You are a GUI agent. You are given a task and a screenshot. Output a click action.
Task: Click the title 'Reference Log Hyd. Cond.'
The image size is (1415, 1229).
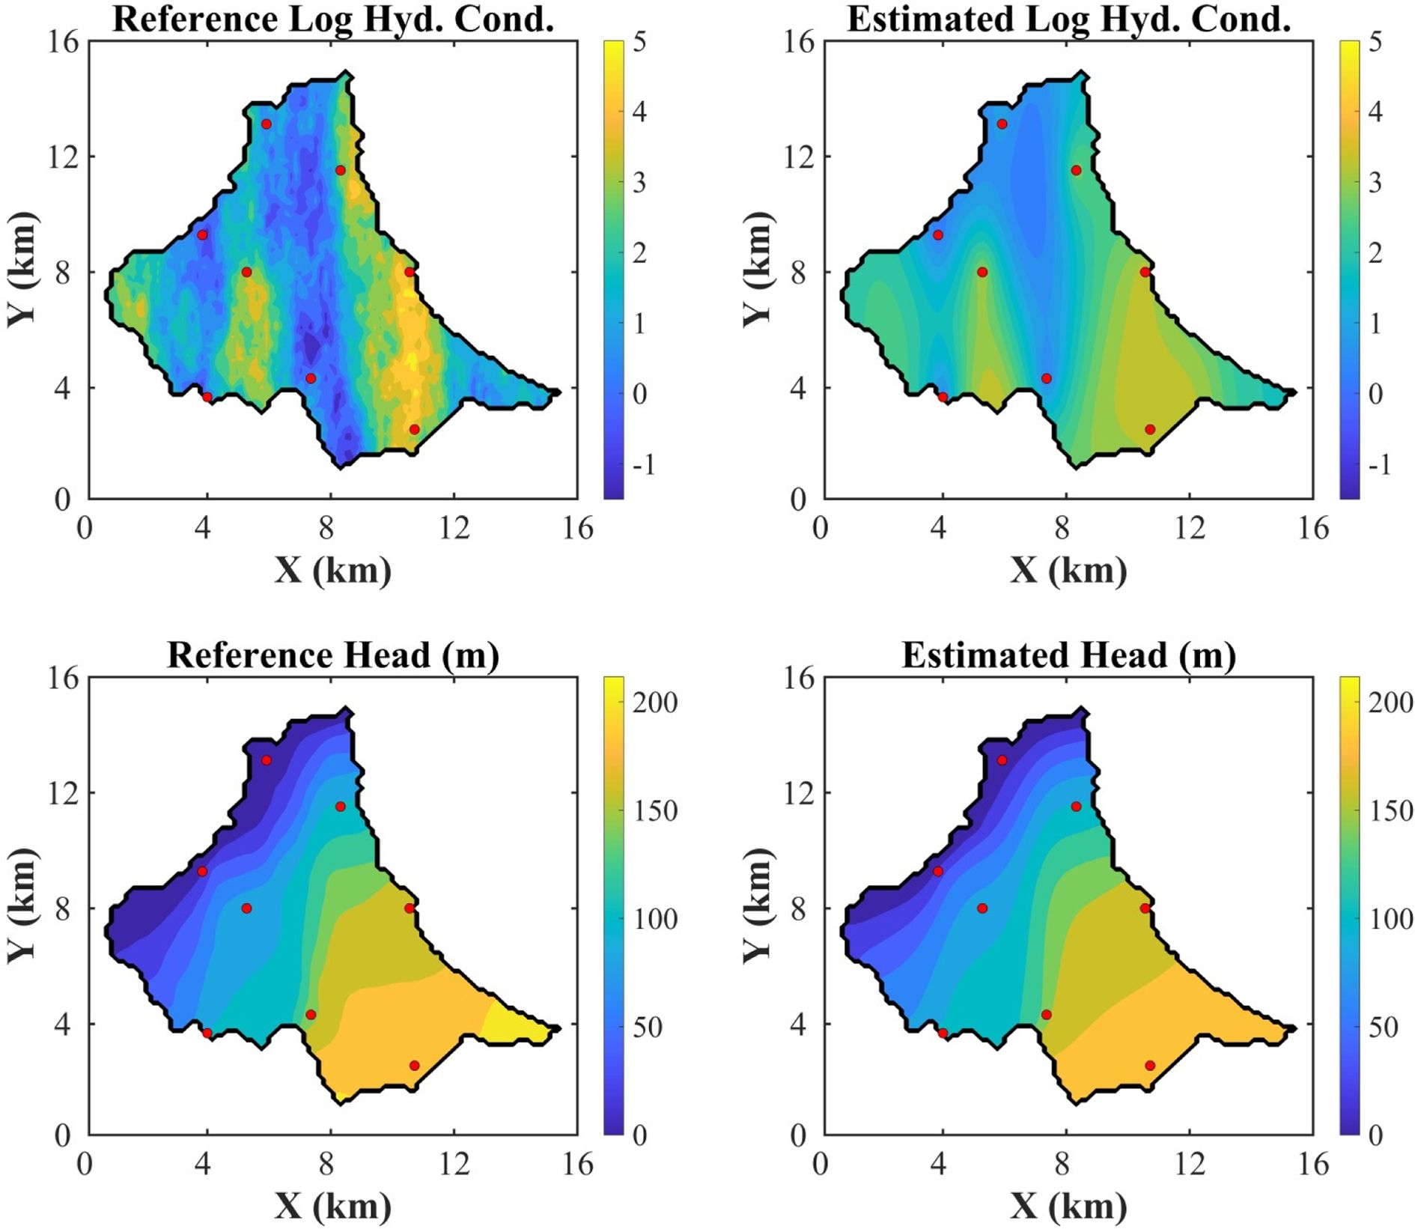(x=333, y=19)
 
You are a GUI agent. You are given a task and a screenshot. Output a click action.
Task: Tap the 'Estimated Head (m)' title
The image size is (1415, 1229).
(x=1068, y=655)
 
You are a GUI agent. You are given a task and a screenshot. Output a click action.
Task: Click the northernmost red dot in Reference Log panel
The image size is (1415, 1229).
(x=267, y=124)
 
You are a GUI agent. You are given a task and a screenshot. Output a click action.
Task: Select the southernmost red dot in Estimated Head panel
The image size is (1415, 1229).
(x=1150, y=1065)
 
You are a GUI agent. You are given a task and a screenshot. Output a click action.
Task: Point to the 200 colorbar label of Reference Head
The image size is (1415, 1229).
(x=655, y=702)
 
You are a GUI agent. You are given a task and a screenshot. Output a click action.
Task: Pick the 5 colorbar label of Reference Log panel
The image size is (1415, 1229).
(x=639, y=42)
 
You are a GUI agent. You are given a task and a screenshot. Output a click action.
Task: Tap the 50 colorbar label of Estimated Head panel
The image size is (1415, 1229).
(x=1390, y=1027)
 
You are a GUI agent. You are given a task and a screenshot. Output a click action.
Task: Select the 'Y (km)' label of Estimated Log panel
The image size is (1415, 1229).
(x=758, y=270)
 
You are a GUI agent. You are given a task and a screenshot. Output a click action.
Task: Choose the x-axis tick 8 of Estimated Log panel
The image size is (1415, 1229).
(x=1062, y=528)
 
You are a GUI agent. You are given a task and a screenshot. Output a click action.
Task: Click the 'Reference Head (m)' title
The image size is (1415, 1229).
(x=333, y=655)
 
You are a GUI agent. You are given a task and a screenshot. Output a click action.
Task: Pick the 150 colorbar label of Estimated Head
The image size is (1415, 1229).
(x=1390, y=811)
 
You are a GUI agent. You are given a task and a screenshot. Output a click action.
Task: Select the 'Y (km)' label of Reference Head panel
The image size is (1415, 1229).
(x=22, y=906)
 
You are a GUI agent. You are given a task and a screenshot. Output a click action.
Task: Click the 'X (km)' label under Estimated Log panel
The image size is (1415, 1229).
(x=1068, y=571)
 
